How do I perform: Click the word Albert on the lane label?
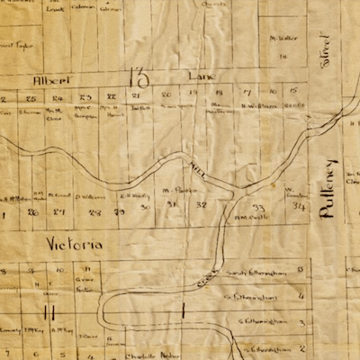50,79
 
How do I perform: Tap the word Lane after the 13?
202,78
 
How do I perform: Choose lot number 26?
33,212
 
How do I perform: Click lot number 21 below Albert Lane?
137,94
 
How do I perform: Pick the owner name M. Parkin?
173,190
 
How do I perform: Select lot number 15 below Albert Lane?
293,92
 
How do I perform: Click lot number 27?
60,212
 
